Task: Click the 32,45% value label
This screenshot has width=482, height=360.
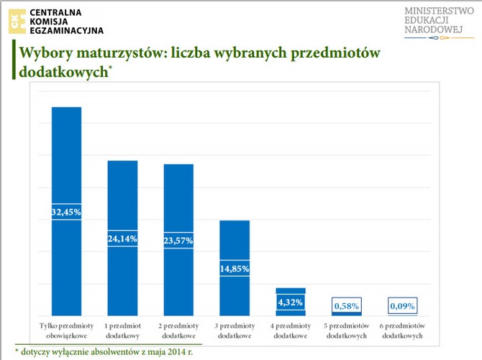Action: pos(65,212)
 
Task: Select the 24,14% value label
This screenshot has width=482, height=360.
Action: pos(122,238)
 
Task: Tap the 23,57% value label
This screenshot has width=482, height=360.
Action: pos(178,240)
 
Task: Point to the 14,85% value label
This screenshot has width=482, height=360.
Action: pos(235,269)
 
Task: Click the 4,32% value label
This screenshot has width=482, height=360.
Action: pos(291,302)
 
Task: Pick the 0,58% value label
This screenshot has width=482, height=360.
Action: pos(347,307)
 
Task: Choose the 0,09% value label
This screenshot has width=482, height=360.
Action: pos(403,307)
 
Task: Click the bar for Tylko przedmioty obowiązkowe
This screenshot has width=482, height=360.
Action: pos(65,158)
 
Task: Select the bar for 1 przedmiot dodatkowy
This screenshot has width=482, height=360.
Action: pos(122,194)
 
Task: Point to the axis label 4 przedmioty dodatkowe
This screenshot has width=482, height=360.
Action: pos(291,330)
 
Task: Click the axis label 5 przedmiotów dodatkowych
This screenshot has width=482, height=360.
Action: pos(347,330)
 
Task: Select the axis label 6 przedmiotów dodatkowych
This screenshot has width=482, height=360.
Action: pos(403,330)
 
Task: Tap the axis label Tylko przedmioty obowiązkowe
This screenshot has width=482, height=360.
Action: pos(65,330)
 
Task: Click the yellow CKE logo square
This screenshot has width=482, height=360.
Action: pos(17,21)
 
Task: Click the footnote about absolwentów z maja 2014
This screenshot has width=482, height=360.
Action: pos(104,352)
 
